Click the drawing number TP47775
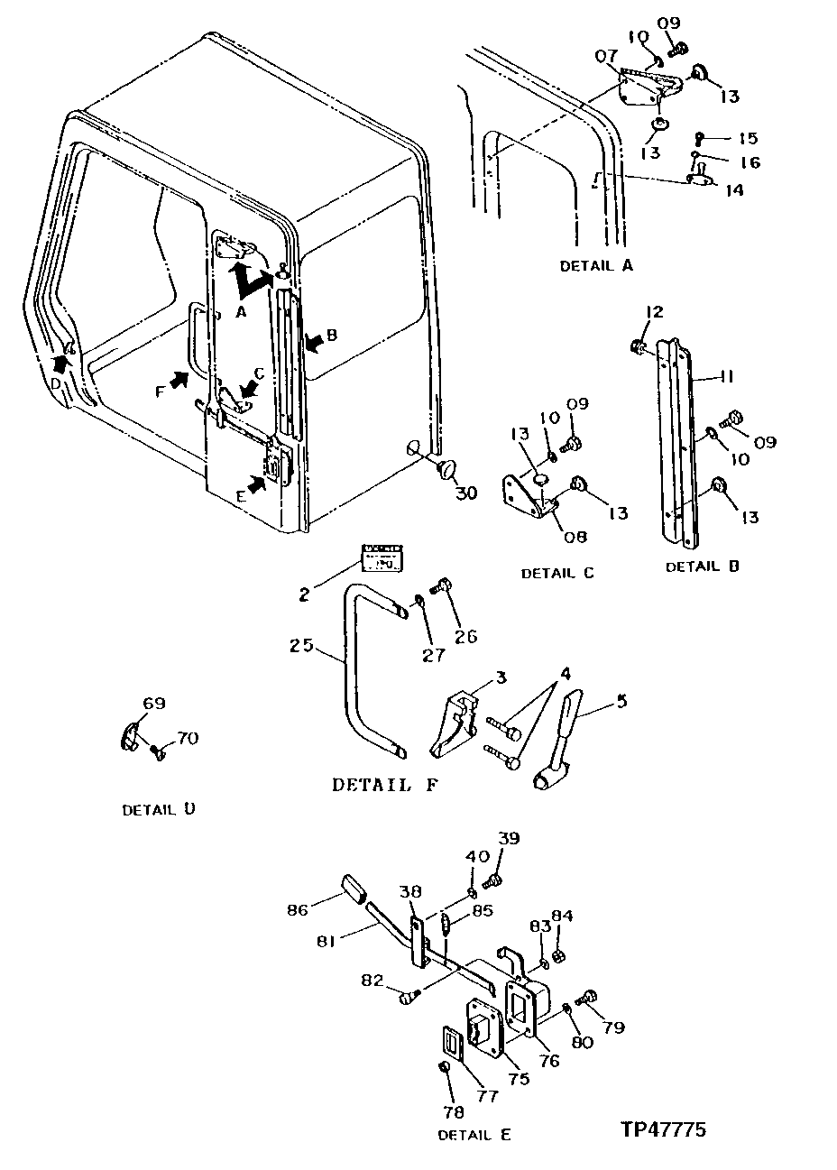tap(663, 1129)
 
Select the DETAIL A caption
tap(596, 266)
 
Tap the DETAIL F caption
tap(385, 785)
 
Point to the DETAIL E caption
tap(474, 1135)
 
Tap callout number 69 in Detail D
tap(154, 704)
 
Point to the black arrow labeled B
tap(316, 342)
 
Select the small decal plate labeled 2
tap(381, 557)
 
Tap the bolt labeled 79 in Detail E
tap(589, 997)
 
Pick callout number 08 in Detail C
tap(575, 537)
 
